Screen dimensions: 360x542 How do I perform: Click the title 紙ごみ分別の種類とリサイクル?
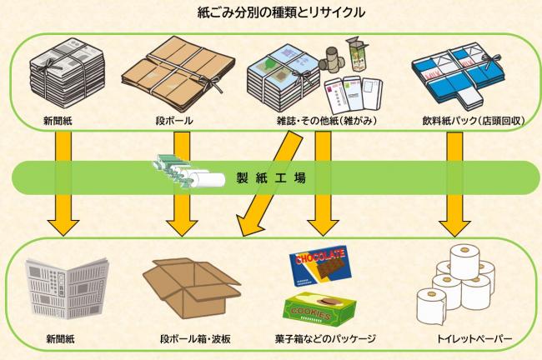coord(271,12)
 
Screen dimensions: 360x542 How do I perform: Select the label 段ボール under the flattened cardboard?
coord(175,122)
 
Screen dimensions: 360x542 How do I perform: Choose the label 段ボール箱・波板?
coord(189,340)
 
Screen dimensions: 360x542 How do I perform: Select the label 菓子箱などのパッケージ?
coord(324,340)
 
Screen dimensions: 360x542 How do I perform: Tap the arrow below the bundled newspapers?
coord(63,183)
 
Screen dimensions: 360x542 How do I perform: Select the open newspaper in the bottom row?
coord(60,292)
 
